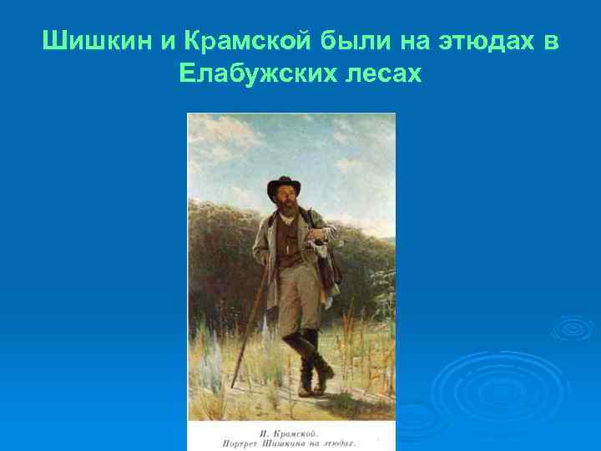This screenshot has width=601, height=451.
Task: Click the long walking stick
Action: [x=250, y=317]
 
